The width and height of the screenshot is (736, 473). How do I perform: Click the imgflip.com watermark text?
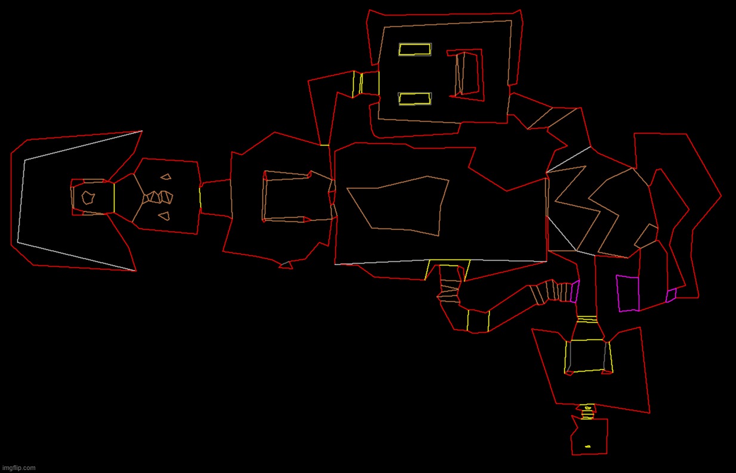click(18, 468)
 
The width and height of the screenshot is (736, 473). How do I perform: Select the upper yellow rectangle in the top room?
click(415, 50)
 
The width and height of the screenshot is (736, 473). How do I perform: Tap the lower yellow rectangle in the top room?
click(415, 98)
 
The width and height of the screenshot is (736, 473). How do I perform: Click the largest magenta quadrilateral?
click(628, 293)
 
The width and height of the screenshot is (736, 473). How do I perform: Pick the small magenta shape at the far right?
click(671, 295)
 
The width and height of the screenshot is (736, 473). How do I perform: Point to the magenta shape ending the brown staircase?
click(575, 291)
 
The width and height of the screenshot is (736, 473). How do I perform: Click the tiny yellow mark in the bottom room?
click(588, 446)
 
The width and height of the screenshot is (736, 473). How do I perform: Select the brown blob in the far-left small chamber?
click(88, 197)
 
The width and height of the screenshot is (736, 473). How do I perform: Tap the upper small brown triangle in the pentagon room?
click(166, 177)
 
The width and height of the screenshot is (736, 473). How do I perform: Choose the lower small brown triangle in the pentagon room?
click(165, 216)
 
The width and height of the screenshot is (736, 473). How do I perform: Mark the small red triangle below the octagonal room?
click(286, 265)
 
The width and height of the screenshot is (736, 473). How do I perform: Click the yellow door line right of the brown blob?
click(114, 198)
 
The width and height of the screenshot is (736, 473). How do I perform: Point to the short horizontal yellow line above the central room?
click(324, 145)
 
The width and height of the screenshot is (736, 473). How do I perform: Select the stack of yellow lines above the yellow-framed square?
click(587, 319)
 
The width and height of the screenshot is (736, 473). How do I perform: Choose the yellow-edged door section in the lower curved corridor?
click(478, 320)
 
